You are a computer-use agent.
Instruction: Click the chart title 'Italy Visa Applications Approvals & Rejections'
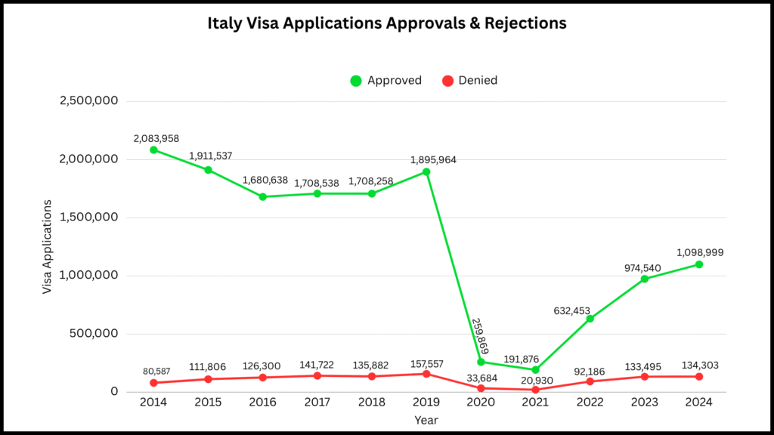coord(387,23)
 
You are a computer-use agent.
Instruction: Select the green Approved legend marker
coord(356,81)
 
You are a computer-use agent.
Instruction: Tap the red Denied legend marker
coord(447,81)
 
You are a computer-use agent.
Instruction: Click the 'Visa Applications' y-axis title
coord(48,247)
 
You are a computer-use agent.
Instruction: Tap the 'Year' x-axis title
coord(426,420)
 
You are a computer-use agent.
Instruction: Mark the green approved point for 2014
coord(153,150)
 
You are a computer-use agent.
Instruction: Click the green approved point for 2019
coord(426,171)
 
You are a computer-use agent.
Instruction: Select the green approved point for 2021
coord(535,369)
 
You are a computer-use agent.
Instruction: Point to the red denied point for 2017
coord(317,375)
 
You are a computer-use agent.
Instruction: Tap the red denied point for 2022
coord(590,381)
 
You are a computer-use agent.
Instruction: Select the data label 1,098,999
coord(698,252)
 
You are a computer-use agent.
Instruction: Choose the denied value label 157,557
coord(426,364)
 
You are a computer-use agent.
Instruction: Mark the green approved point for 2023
coord(645,279)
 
